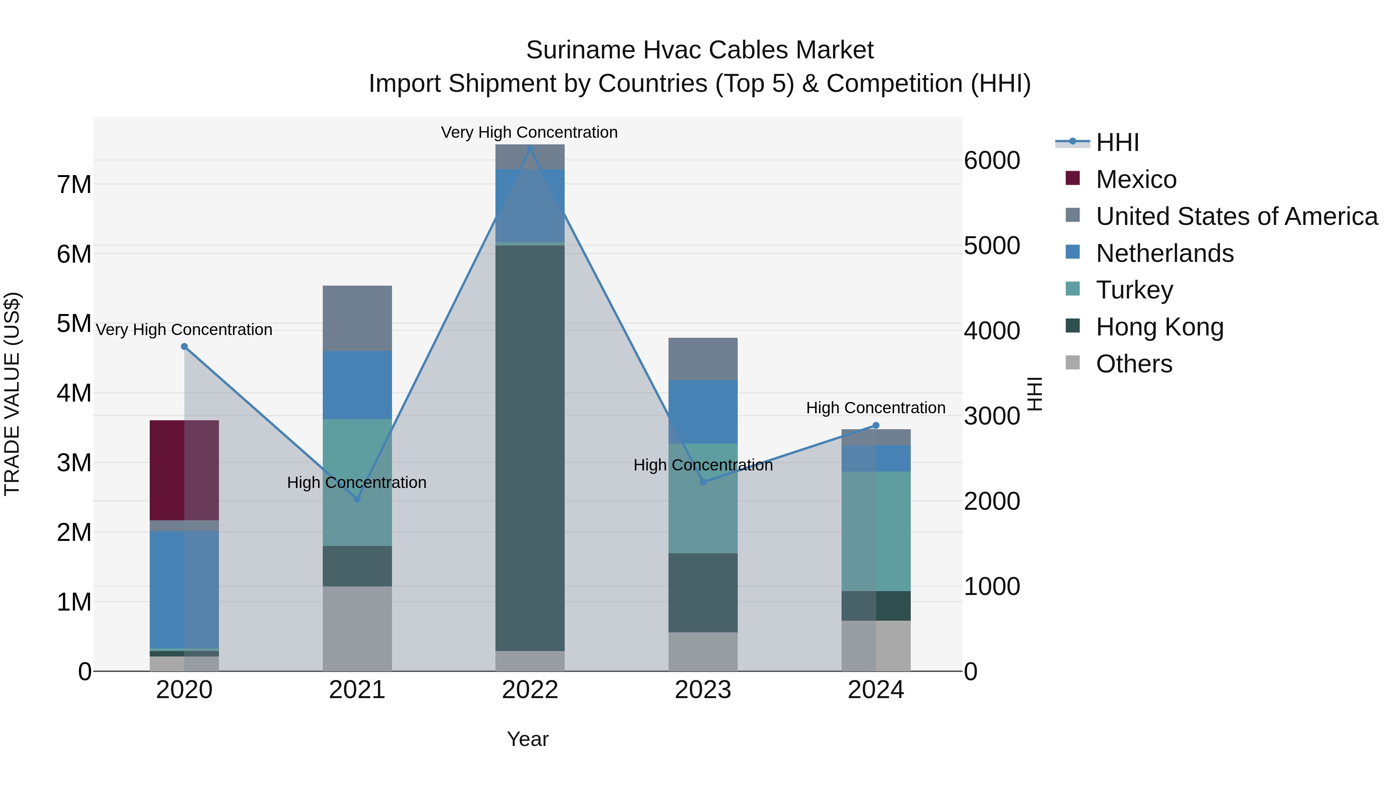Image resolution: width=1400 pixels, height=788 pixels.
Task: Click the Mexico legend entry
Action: (1136, 179)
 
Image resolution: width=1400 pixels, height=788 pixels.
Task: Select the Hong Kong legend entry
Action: (1159, 327)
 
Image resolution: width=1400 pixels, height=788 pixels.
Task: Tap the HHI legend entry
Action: (1117, 142)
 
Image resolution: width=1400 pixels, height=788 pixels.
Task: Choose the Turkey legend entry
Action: (1134, 290)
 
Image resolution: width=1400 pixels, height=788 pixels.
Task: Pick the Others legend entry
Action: (1134, 364)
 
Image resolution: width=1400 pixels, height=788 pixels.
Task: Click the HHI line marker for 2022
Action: (530, 149)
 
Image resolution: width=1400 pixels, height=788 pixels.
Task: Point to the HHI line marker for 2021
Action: (357, 499)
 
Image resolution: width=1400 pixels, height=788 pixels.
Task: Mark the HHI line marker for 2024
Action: (875, 425)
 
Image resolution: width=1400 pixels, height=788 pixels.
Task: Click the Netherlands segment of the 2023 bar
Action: (703, 412)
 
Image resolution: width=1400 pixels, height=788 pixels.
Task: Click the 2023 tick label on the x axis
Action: (703, 690)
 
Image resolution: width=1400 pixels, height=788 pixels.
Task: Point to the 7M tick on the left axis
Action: (74, 185)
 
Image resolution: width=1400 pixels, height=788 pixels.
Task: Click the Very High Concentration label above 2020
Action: (184, 330)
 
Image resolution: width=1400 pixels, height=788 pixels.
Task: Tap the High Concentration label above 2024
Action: (875, 408)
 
